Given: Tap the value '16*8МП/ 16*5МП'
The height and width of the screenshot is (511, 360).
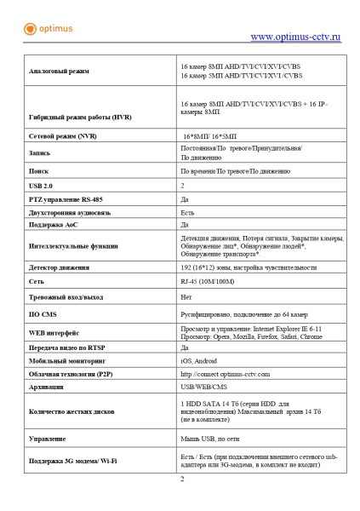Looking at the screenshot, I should coord(212,136).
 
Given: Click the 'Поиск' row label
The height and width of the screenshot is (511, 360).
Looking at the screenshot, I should coord(39,170).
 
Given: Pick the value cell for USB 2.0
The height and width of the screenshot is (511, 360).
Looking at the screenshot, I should coord(183,185).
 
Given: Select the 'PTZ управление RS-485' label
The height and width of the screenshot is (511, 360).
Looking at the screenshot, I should coord(66,198).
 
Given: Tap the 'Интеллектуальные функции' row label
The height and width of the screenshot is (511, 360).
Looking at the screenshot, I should coord(73,245).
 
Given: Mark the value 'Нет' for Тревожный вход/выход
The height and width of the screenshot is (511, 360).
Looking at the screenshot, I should coord(186,297).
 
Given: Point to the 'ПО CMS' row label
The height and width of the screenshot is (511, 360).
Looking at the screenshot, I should coord(43,314).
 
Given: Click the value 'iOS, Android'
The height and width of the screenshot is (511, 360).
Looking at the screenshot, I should coord(200,361).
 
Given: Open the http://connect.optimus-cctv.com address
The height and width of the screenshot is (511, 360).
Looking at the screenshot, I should coord(225,374).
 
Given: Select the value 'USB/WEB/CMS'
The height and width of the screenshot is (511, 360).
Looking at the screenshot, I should coord(203,387).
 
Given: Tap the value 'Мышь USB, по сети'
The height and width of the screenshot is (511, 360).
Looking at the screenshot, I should coord(209,439).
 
